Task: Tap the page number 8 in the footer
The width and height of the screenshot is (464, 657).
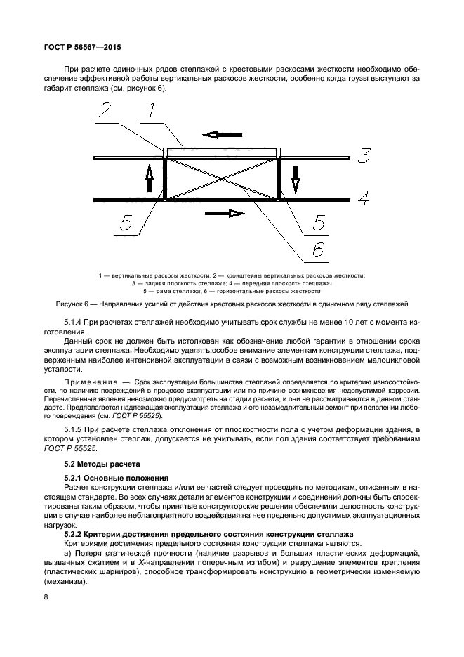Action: tap(46, 597)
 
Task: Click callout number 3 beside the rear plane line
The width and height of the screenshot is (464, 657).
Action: tap(362, 155)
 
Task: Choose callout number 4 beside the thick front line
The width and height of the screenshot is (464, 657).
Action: tap(364, 199)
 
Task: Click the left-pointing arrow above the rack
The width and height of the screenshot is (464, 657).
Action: tap(222, 134)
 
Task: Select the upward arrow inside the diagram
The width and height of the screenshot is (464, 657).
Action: tap(150, 178)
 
